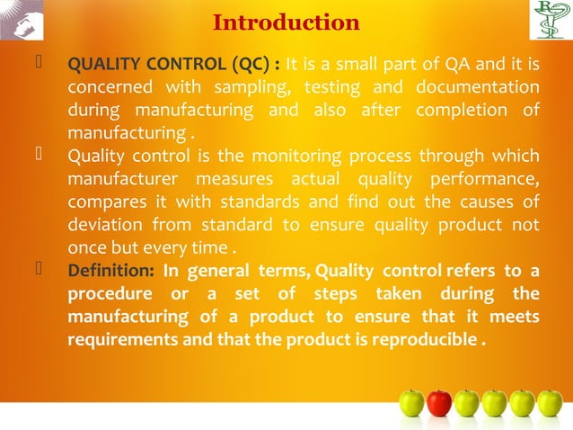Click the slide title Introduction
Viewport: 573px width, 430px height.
tap(286, 22)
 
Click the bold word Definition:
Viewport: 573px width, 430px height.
tap(111, 273)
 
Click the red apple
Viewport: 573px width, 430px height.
tap(439, 402)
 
